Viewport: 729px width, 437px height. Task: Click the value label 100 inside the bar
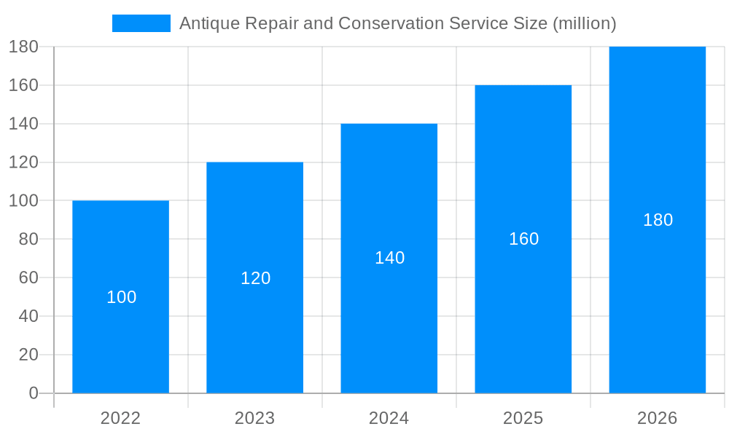[121, 297]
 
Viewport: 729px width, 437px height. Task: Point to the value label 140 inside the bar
[389, 258]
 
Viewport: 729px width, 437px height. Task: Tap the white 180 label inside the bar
[658, 220]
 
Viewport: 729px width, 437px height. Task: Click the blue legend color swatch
[141, 23]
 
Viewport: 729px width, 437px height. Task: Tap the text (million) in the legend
[585, 23]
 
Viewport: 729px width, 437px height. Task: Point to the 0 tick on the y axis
[33, 393]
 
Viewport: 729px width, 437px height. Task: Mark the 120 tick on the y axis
[23, 162]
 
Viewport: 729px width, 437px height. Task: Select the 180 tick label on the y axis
[23, 47]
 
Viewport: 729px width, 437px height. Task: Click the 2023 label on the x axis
[254, 418]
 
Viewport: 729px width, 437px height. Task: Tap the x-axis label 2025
[523, 418]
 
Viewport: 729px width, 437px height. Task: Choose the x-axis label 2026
[657, 418]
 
